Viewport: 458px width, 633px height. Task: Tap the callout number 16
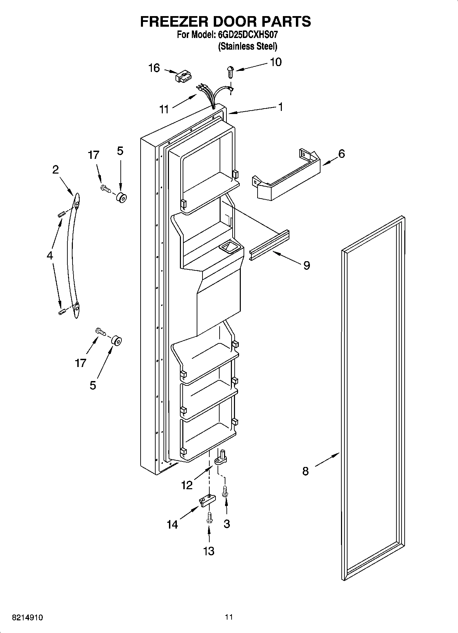154,68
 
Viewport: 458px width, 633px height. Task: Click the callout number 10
276,62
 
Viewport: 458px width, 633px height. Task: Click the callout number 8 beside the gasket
305,471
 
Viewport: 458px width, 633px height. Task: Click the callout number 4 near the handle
50,255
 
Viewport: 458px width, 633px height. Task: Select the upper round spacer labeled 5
121,198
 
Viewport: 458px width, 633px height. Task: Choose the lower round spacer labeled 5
116,341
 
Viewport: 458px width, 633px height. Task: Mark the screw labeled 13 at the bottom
209,518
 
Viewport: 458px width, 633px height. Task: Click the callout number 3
226,524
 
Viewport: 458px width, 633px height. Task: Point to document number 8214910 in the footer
27,618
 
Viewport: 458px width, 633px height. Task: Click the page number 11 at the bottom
229,617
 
